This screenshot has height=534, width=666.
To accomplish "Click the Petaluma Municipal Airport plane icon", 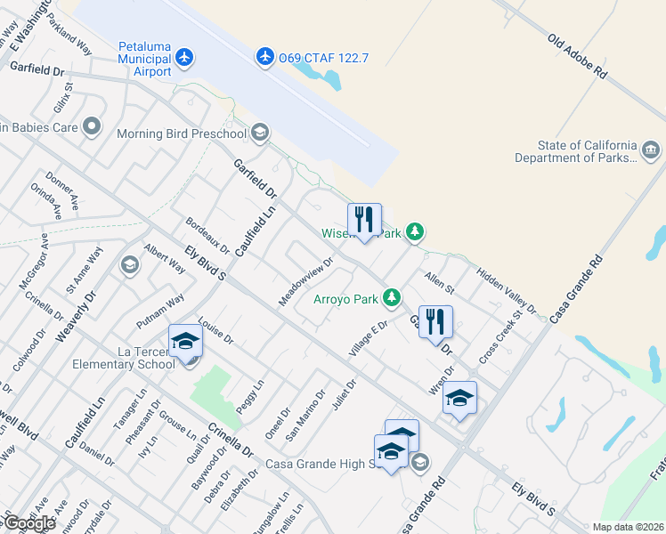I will [x=184, y=58].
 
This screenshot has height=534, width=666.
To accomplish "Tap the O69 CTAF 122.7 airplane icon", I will [x=265, y=57].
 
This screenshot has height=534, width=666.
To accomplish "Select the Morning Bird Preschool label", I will [x=182, y=133].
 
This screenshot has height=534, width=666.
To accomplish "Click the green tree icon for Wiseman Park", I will [x=414, y=232].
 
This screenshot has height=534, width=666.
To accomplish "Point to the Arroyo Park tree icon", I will [x=391, y=297].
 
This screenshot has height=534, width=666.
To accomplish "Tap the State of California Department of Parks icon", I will [x=651, y=149].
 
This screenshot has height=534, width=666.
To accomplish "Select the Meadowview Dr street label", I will [x=305, y=282].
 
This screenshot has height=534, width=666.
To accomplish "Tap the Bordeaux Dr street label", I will [x=207, y=235].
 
